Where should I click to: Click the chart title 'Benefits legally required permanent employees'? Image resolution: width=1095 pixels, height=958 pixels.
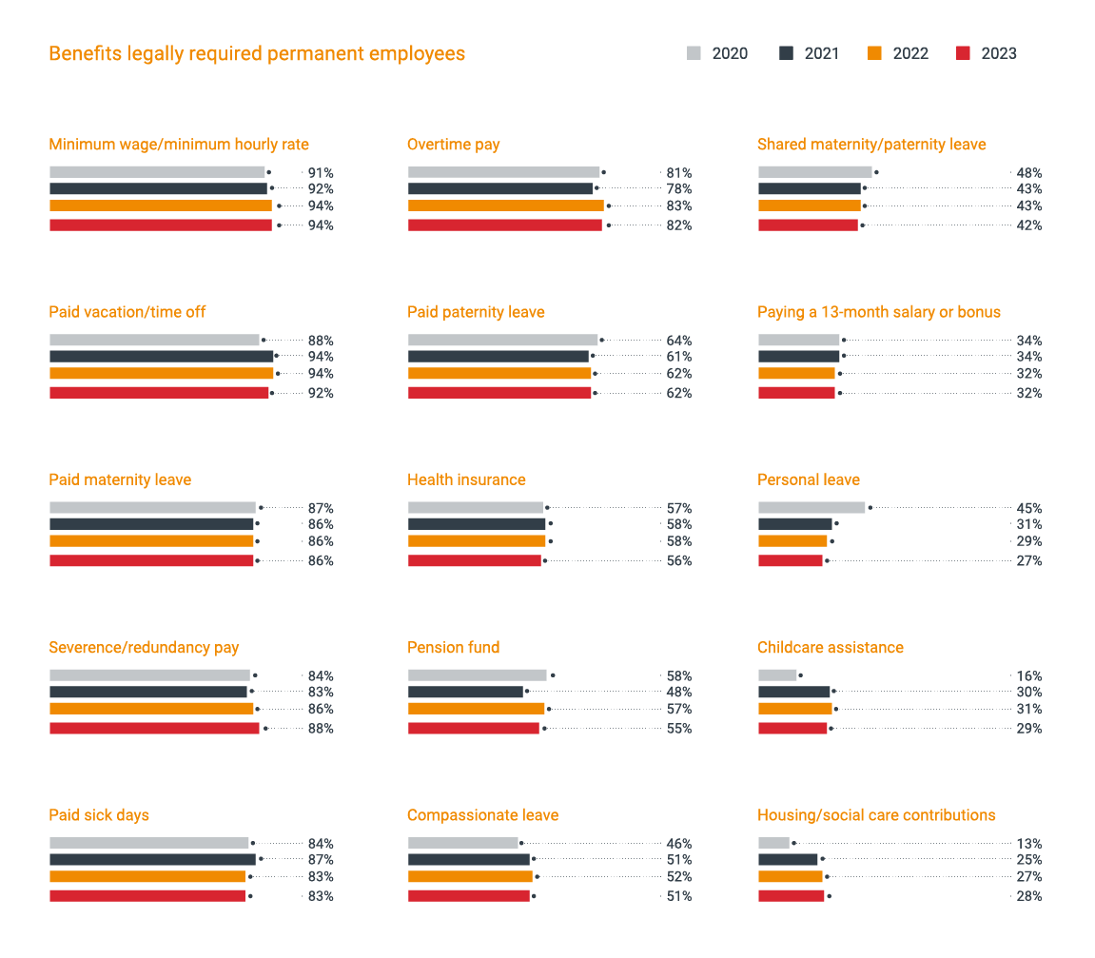click(257, 53)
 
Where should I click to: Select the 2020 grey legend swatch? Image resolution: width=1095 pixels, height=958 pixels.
click(694, 53)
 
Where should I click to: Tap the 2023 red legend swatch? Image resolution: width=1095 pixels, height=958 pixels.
click(963, 53)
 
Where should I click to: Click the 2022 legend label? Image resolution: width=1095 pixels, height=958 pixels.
click(910, 53)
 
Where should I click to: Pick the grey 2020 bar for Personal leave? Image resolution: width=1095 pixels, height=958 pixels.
click(811, 507)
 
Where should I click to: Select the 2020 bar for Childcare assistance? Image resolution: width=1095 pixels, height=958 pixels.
click(777, 675)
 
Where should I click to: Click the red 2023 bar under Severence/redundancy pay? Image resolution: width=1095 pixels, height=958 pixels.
click(154, 728)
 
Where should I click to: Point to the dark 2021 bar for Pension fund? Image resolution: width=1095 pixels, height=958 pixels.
click(465, 692)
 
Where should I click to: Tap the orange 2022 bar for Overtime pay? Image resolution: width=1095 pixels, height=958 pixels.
click(506, 205)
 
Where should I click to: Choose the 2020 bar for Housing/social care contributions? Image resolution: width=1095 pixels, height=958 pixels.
click(773, 843)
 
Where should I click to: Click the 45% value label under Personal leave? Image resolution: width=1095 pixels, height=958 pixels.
click(1028, 508)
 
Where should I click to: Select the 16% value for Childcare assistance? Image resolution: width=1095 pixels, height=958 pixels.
click(1028, 676)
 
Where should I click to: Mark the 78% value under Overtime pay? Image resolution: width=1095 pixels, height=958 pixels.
click(679, 189)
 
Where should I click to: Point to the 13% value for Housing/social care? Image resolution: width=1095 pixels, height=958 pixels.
click(1028, 844)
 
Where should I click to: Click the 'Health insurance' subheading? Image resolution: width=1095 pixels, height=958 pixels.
click(466, 479)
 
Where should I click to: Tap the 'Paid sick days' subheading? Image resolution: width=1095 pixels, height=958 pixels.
click(99, 815)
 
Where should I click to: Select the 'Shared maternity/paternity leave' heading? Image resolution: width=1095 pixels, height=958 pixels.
click(871, 145)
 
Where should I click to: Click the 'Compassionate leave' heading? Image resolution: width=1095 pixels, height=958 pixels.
click(482, 815)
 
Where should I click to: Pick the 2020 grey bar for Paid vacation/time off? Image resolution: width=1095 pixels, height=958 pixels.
click(154, 340)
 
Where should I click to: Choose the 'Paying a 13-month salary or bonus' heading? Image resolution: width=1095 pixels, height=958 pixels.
click(879, 312)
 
